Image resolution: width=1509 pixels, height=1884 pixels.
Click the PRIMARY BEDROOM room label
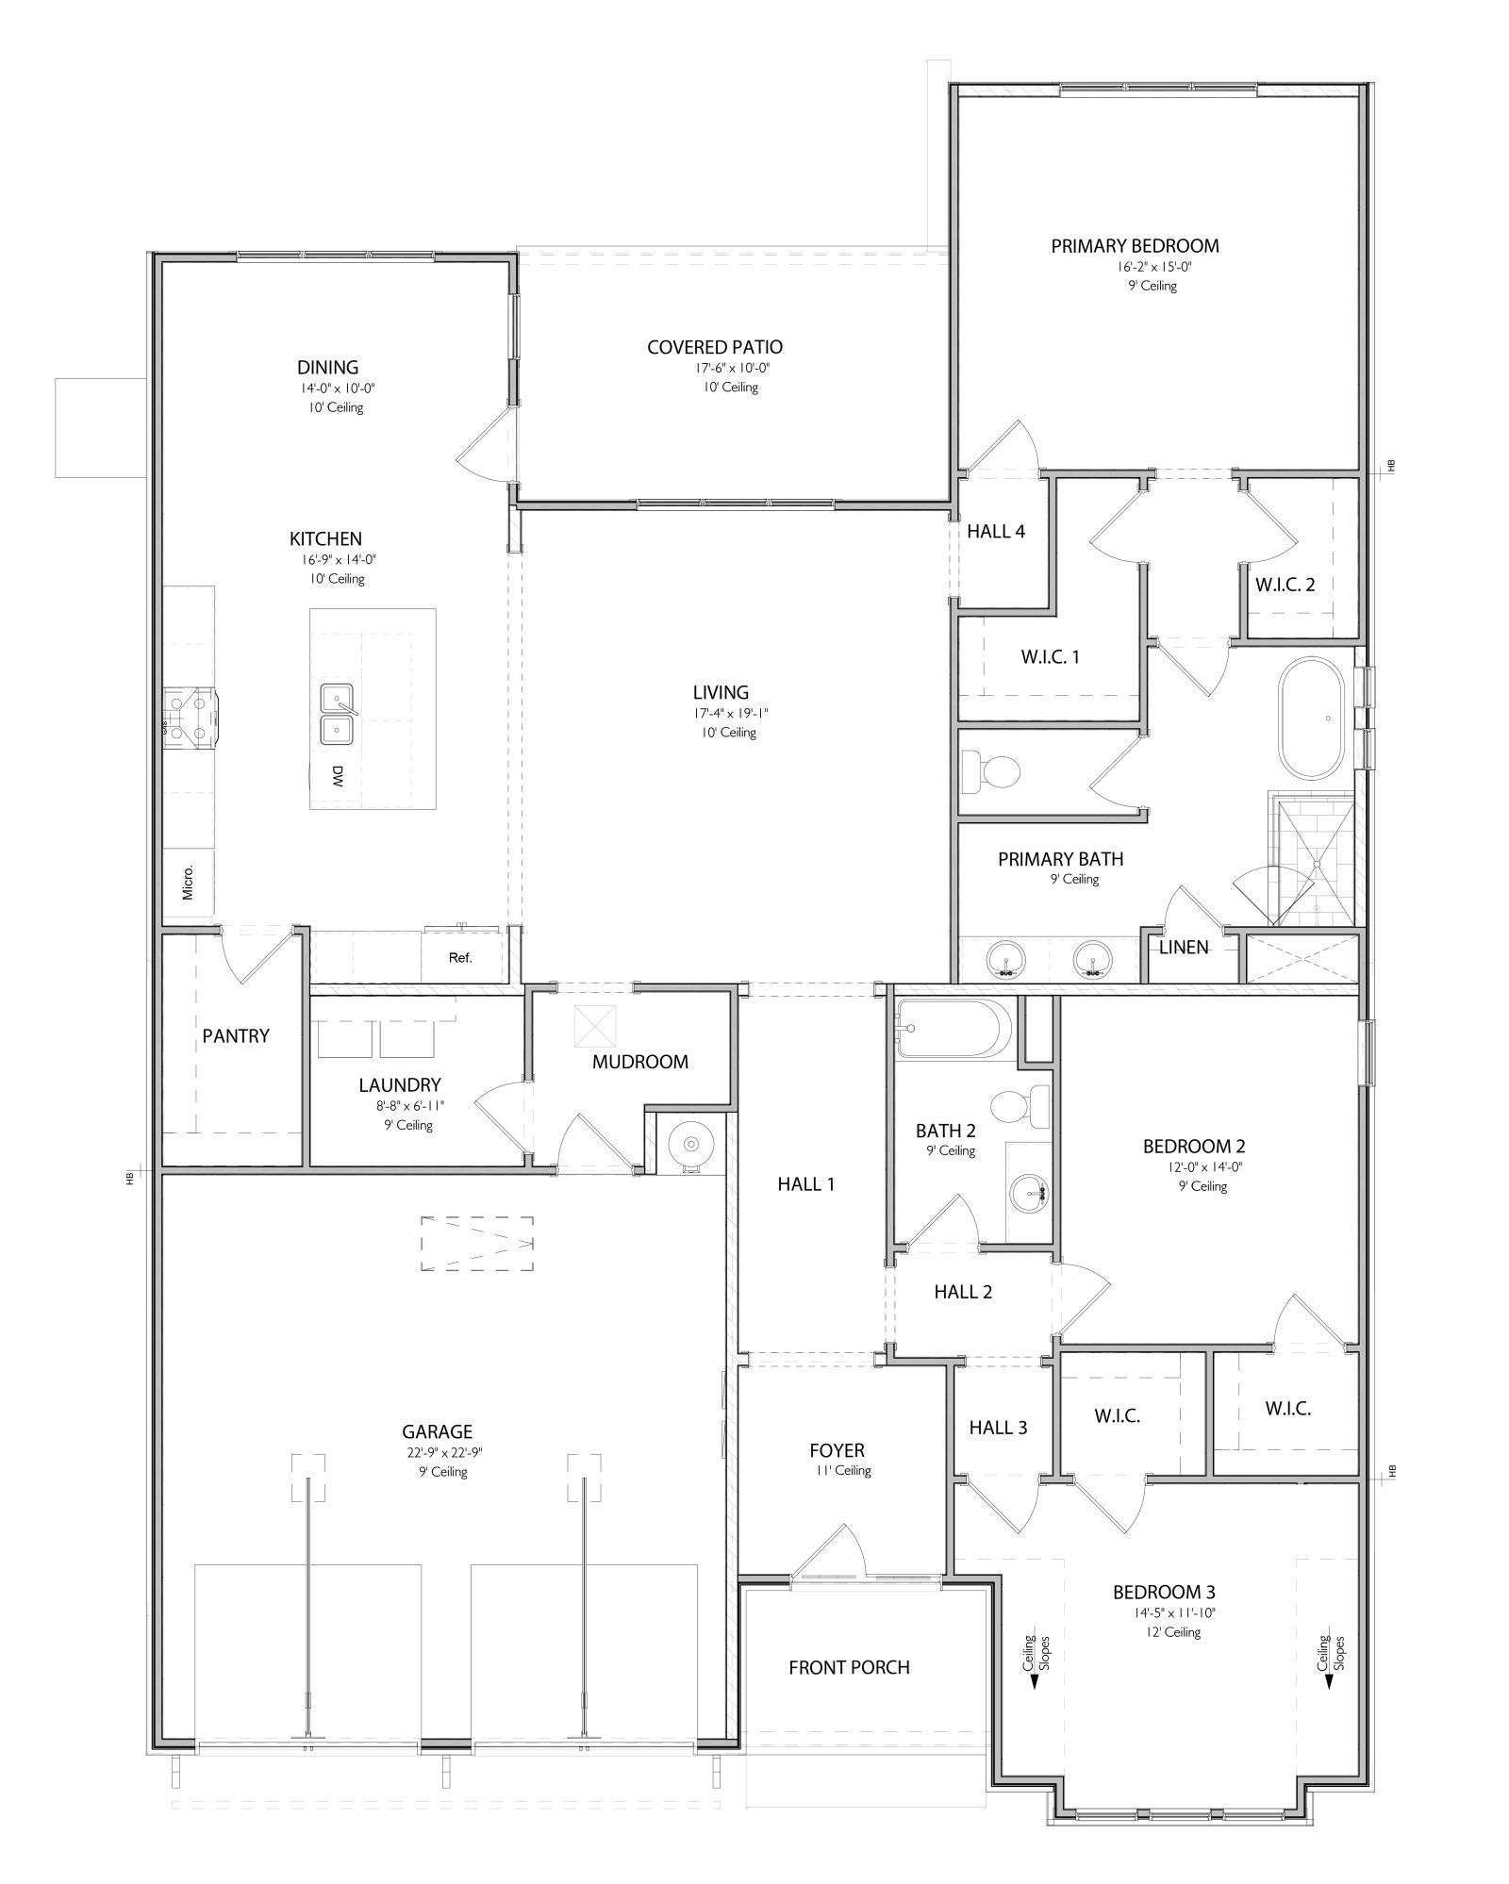pyautogui.click(x=1135, y=246)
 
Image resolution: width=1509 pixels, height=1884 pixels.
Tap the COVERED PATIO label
pyautogui.click(x=715, y=348)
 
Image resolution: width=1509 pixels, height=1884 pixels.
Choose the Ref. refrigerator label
pyautogui.click(x=460, y=958)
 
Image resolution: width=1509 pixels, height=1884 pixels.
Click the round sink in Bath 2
pyautogui.click(x=1030, y=1195)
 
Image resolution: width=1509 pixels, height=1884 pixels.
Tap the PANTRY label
pyautogui.click(x=236, y=1036)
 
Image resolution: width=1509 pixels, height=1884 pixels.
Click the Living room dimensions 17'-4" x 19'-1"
pyautogui.click(x=722, y=715)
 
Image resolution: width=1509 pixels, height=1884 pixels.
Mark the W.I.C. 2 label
pyautogui.click(x=1285, y=585)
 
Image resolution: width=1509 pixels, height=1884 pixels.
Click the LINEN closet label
pyautogui.click(x=1184, y=947)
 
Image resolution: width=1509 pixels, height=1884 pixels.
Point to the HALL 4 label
pyautogui.click(x=996, y=532)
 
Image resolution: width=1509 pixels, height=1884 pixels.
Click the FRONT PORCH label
pyautogui.click(x=849, y=1668)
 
